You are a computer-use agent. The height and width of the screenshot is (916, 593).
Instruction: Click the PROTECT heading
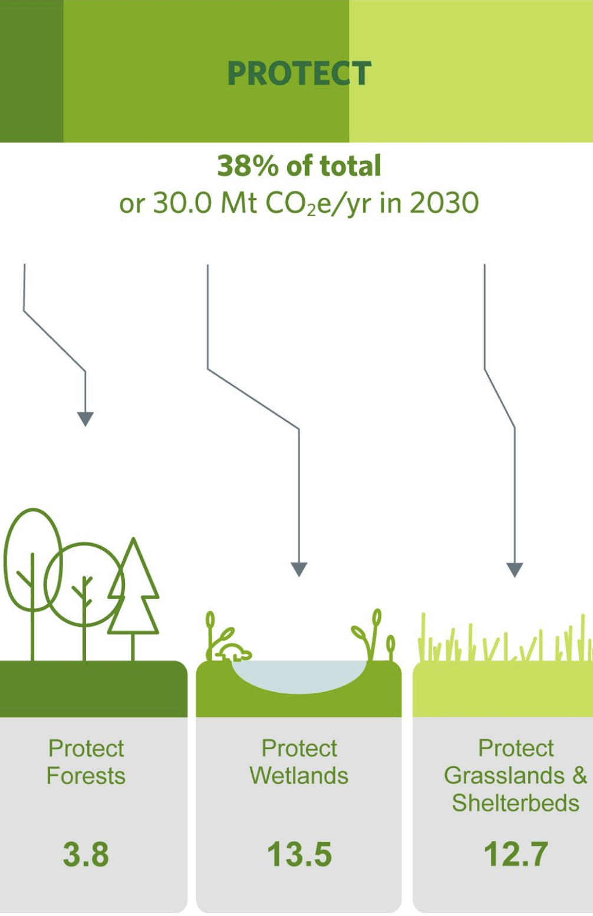(x=299, y=73)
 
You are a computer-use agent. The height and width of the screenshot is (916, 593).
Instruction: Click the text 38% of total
(x=299, y=166)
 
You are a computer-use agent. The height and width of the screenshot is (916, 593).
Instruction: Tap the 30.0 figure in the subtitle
(x=183, y=203)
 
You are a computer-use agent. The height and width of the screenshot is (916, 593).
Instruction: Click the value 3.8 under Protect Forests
(x=86, y=854)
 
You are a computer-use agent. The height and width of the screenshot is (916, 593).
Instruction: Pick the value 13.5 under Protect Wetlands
(x=299, y=854)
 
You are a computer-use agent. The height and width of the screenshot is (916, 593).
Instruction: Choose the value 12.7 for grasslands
(x=516, y=854)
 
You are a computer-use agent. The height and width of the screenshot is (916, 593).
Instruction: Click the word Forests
(x=86, y=776)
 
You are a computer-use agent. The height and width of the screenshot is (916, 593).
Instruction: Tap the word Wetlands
(x=299, y=776)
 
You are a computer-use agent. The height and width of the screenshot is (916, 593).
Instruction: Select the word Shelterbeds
(x=516, y=803)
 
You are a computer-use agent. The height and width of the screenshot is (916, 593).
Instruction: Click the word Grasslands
(x=504, y=776)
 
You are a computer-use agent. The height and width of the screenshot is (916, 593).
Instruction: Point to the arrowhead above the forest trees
(x=85, y=419)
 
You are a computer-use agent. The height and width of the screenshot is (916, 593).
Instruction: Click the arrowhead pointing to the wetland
(x=299, y=569)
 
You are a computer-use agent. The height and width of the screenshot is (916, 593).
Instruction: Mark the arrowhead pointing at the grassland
(x=515, y=570)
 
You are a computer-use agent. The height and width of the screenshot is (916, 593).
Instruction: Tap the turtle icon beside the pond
(x=236, y=652)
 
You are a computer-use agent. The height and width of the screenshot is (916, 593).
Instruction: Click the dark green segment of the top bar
(x=31, y=71)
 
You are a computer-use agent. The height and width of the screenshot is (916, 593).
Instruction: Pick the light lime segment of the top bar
(x=470, y=71)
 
